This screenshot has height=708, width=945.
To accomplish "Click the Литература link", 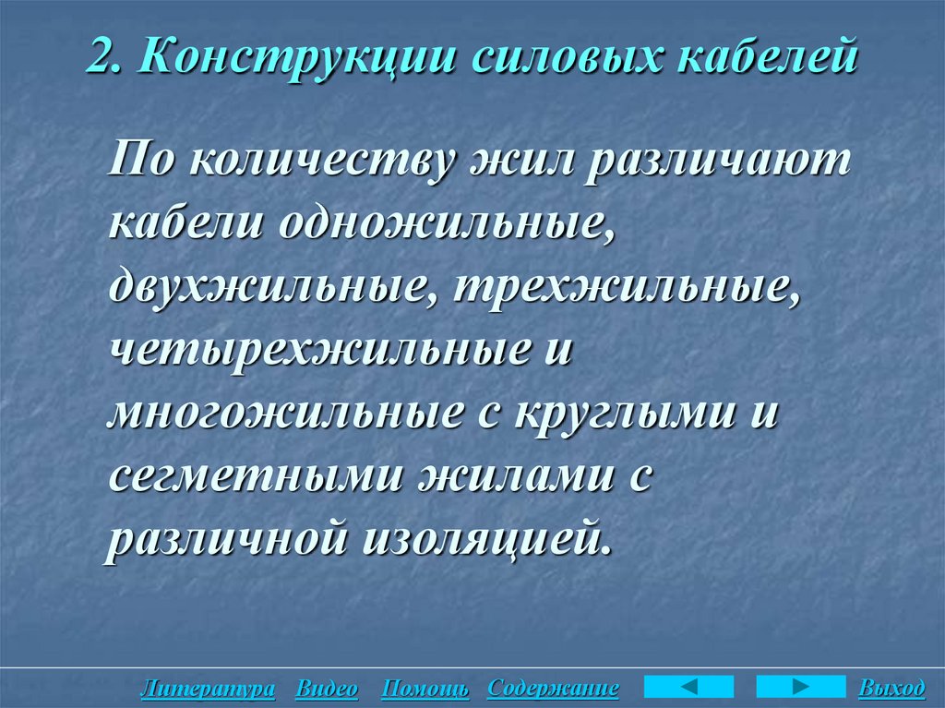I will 208,689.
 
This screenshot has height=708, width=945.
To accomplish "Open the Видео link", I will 327,689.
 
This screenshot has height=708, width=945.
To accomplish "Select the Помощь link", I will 425,689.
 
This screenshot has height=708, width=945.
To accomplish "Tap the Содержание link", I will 552,689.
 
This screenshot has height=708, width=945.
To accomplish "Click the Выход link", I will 891,689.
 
